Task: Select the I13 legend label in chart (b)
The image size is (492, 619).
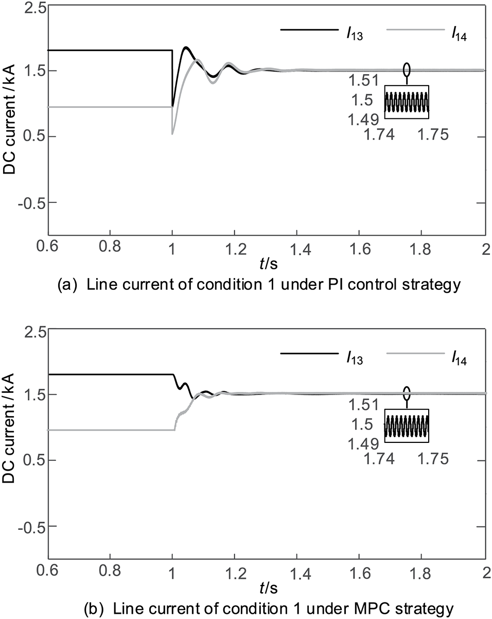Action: point(355,358)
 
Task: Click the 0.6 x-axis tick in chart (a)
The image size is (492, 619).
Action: point(48,247)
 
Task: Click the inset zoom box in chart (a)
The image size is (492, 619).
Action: point(407,102)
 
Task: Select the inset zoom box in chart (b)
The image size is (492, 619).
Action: point(407,426)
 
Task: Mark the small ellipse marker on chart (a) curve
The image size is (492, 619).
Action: point(407,69)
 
